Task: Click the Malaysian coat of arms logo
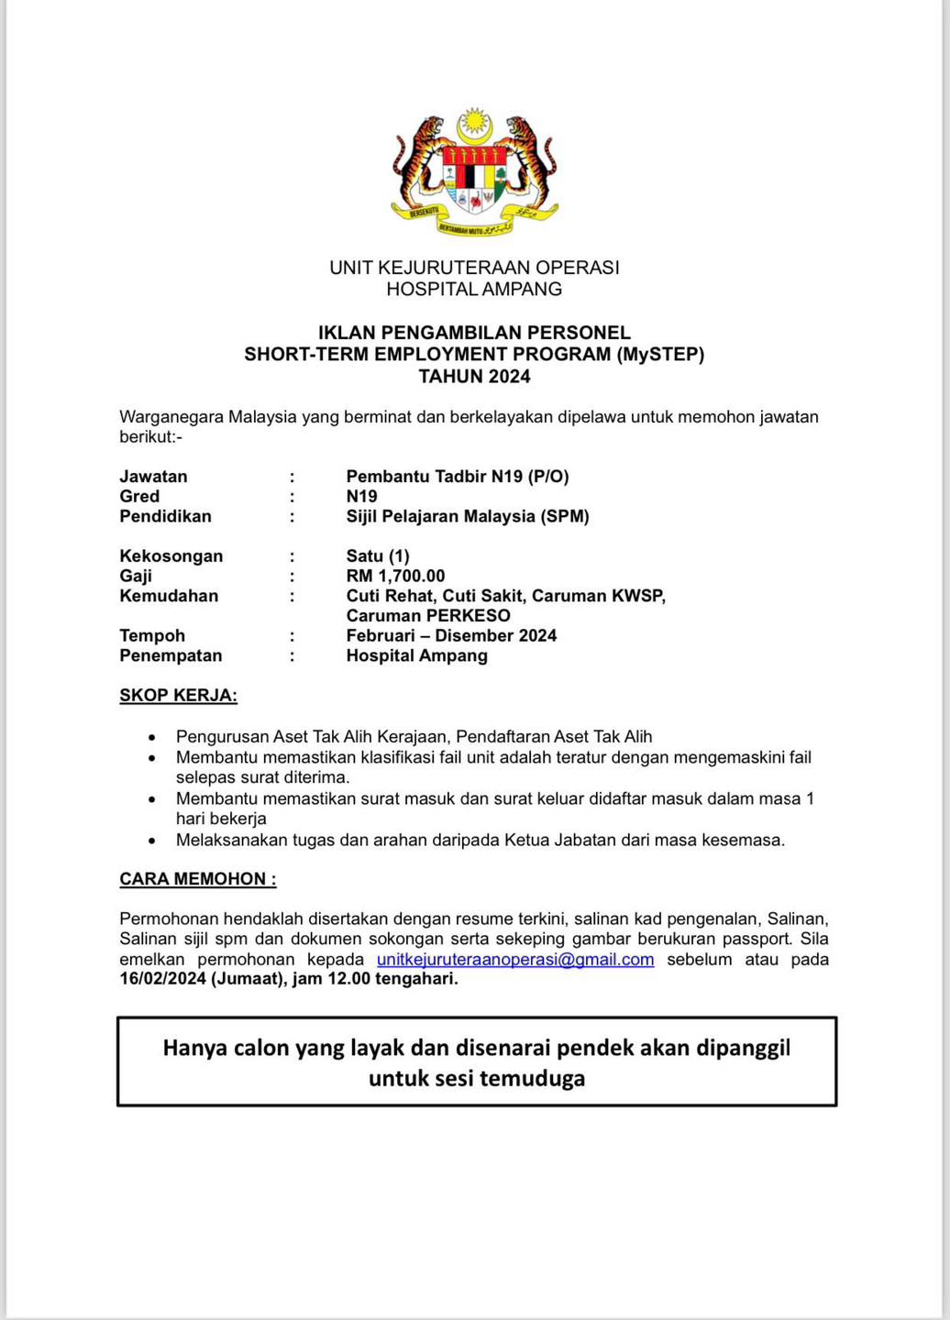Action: (x=474, y=173)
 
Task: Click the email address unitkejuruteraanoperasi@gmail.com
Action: (x=515, y=960)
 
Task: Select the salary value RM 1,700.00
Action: (x=395, y=576)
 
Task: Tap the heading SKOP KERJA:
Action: (x=178, y=695)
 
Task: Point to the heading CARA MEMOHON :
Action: (x=197, y=879)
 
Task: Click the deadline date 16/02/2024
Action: (x=162, y=979)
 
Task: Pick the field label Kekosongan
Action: (x=171, y=555)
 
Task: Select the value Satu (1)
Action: (x=378, y=555)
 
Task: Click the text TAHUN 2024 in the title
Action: (x=474, y=376)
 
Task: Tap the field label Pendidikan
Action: (x=165, y=516)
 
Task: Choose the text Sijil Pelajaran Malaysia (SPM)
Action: (x=468, y=516)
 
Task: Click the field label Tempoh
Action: (x=152, y=635)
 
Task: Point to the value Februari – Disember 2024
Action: (x=451, y=635)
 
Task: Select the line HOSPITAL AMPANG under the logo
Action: (x=474, y=289)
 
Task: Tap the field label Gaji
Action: (x=136, y=576)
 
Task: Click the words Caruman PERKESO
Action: (x=428, y=616)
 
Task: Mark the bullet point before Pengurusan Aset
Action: (x=152, y=737)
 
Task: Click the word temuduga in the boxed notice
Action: (x=532, y=1078)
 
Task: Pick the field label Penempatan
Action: (x=171, y=655)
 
